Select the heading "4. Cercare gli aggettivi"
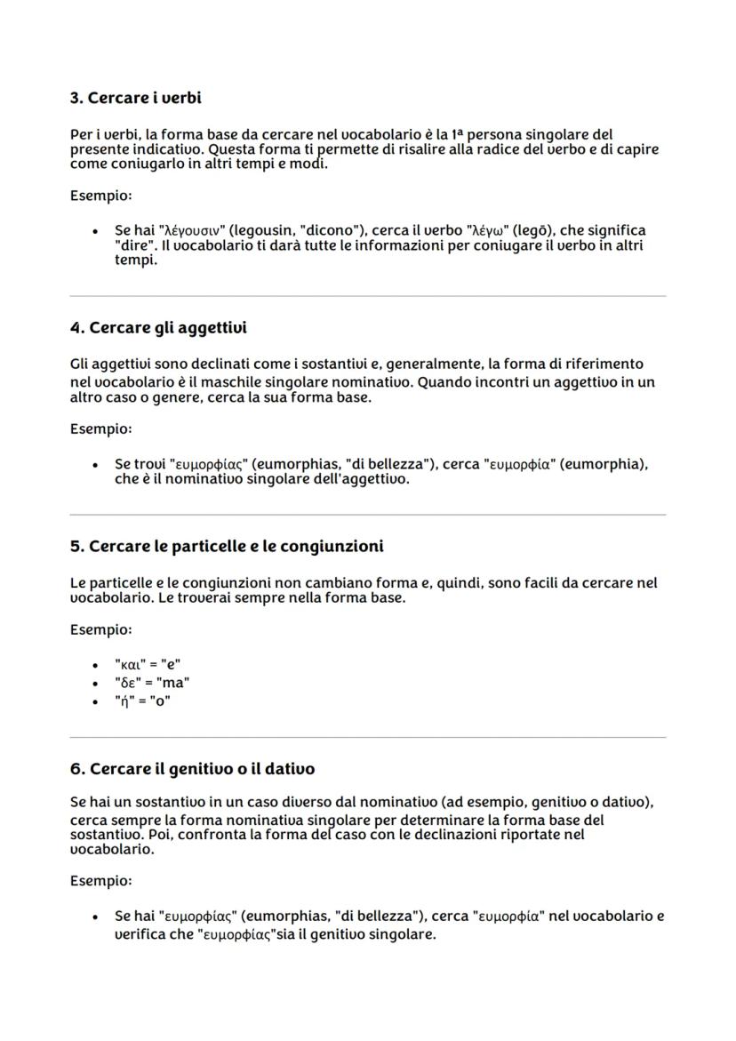click(158, 328)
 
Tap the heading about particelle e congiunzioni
click(227, 546)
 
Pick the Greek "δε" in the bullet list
click(127, 683)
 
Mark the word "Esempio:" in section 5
click(100, 630)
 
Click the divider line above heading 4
click(367, 296)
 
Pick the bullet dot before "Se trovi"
click(95, 465)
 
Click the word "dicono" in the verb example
click(328, 231)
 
